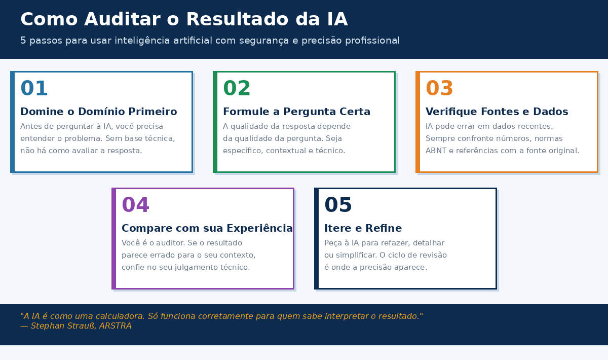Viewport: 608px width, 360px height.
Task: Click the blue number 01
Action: tap(34, 89)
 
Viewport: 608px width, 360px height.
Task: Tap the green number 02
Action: tap(237, 89)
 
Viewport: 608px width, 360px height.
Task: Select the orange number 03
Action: tap(439, 89)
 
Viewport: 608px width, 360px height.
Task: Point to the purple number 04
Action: tap(135, 205)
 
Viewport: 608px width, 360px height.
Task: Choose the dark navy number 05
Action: tap(338, 205)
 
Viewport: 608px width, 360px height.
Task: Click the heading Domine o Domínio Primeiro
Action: tap(98, 112)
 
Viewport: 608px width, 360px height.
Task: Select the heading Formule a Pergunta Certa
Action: tap(296, 112)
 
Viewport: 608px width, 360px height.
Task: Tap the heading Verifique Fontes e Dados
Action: tap(497, 112)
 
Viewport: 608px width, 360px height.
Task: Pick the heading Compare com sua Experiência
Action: tap(207, 228)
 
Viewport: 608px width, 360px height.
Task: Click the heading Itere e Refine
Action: tap(363, 228)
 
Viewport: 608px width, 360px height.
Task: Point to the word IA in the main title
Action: tap(334, 20)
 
